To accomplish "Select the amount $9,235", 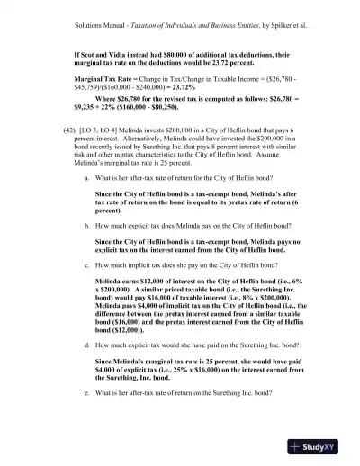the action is (85, 114).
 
